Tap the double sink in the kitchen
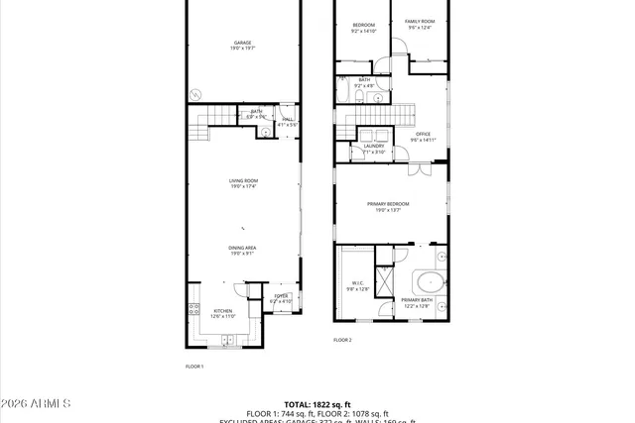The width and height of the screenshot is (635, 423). click(x=227, y=340)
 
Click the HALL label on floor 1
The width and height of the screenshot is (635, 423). click(x=288, y=121)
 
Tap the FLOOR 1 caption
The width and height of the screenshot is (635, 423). click(x=194, y=367)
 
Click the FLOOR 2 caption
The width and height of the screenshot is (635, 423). click(x=342, y=340)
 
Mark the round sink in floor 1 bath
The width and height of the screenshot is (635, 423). click(x=266, y=131)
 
